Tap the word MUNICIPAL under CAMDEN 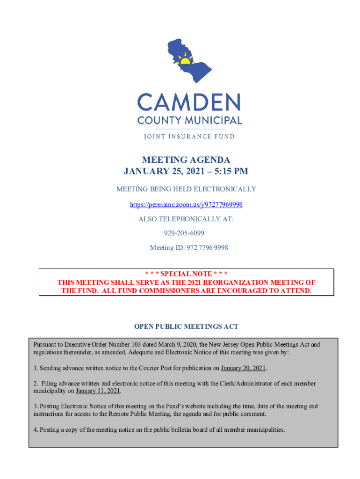tap(216, 120)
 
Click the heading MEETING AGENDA tap(186, 160)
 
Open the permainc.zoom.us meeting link tap(186, 205)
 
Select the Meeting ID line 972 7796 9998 tap(189, 247)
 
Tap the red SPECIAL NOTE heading tap(186, 274)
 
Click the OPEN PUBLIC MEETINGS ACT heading tap(186, 326)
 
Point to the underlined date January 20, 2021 tap(243, 368)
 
